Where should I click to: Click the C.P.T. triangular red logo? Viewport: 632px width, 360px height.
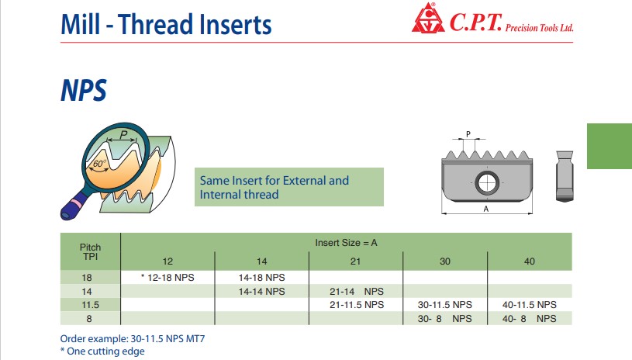(x=428, y=18)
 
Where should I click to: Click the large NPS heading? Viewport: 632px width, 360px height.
(x=84, y=90)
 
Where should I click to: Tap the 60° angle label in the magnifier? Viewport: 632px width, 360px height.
(x=99, y=163)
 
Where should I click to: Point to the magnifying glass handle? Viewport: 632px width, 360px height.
(x=76, y=204)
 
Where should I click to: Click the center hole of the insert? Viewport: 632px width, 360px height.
(x=487, y=182)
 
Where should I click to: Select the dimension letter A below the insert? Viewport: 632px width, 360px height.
(x=486, y=209)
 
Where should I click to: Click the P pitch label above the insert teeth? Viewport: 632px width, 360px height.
(x=468, y=133)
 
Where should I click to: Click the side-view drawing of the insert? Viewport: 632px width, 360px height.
(x=565, y=176)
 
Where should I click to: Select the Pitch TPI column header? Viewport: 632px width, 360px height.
(x=90, y=251)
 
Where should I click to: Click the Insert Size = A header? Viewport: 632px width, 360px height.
(x=346, y=243)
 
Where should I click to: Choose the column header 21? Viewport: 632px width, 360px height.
(x=355, y=261)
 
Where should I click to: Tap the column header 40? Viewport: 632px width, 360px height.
(x=529, y=261)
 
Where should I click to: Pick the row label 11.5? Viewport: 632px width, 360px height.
(x=90, y=305)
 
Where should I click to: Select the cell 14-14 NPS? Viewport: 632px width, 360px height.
(x=261, y=291)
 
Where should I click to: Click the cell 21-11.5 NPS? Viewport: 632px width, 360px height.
(x=357, y=304)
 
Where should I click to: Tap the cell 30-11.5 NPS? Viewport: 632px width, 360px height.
(x=444, y=304)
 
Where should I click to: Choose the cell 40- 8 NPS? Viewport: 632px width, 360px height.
(x=529, y=318)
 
